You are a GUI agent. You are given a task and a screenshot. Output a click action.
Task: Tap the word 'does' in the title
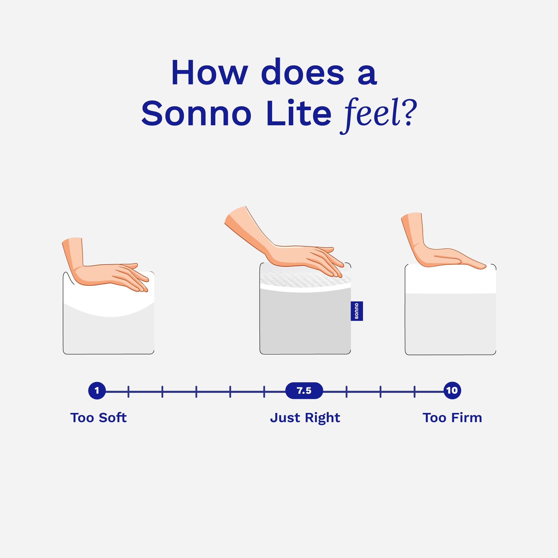click(303, 72)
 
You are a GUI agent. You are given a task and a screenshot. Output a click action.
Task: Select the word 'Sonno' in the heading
click(196, 113)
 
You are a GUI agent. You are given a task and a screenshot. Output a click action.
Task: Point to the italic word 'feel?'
click(378, 114)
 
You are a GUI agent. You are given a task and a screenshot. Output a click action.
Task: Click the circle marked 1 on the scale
click(97, 391)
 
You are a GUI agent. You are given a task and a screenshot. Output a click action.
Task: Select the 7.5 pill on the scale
click(304, 391)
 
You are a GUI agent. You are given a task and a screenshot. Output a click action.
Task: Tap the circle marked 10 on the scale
click(452, 391)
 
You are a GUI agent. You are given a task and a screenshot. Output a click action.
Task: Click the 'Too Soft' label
click(98, 417)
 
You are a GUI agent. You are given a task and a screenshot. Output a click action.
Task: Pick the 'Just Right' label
click(305, 418)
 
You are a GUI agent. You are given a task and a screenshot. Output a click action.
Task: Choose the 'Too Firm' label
click(452, 417)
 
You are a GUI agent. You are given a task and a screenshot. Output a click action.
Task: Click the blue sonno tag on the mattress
click(357, 311)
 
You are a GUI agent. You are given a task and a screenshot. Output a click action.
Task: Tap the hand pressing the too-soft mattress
click(110, 274)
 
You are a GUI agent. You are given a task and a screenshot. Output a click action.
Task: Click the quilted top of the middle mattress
click(289, 279)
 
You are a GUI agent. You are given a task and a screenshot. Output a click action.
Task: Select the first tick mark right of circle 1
click(128, 392)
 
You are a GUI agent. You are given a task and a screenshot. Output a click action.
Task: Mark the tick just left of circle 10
click(414, 392)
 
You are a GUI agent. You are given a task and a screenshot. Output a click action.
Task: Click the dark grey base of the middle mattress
click(305, 323)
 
